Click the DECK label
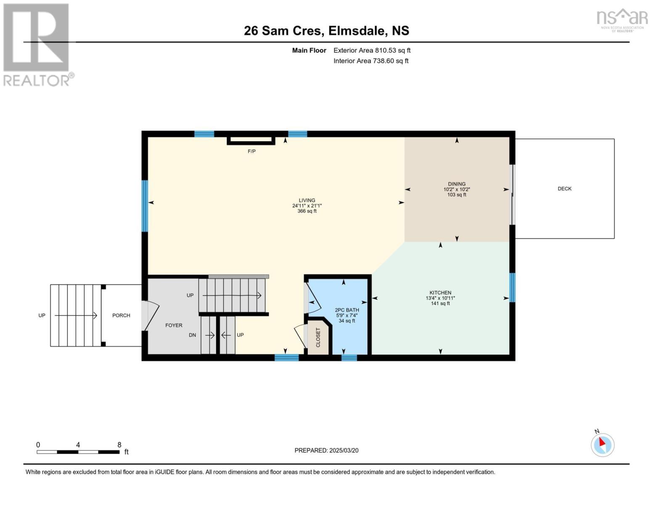[564, 189]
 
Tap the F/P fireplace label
[251, 151]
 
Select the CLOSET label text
[318, 337]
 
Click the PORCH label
[121, 315]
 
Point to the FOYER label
[174, 325]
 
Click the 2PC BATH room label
[347, 310]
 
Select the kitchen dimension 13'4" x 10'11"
[440, 298]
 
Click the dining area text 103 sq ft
[457, 195]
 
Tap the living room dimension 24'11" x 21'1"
[307, 206]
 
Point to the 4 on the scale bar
[78, 445]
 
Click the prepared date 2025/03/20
[344, 450]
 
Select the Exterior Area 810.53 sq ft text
[372, 50]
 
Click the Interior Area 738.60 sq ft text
[371, 61]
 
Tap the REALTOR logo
[37, 45]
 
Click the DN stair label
[192, 335]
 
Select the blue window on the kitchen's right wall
[512, 287]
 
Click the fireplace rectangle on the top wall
[251, 140]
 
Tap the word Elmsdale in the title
[356, 31]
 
